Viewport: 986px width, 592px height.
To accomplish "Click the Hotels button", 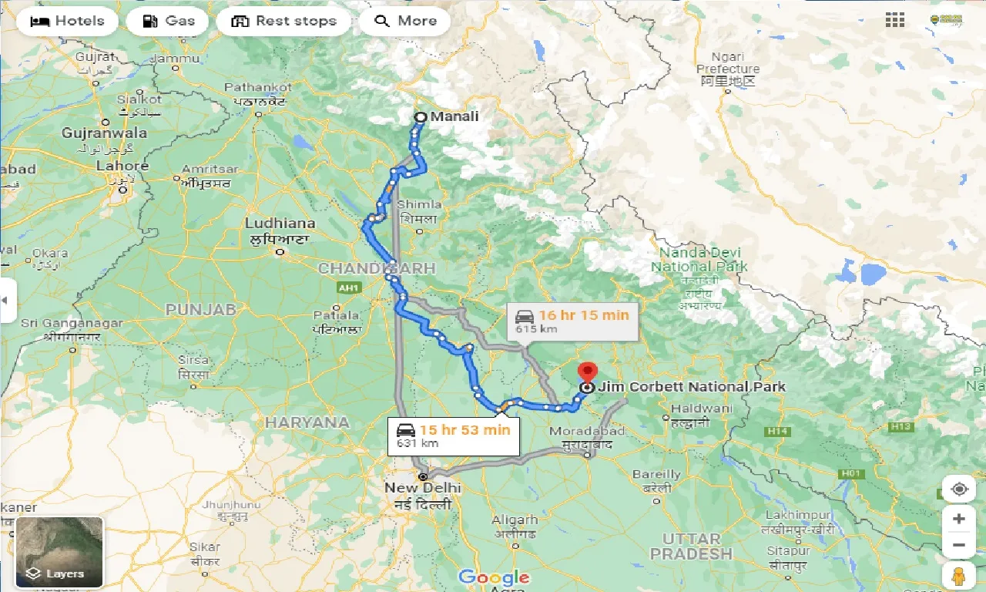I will coord(67,21).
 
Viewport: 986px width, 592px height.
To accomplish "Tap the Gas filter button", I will coord(167,21).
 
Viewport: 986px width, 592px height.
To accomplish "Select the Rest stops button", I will coord(283,21).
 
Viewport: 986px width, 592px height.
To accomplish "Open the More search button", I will coord(405,21).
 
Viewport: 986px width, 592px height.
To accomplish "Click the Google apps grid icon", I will coord(895,21).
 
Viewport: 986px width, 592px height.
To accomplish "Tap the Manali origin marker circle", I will coord(421,117).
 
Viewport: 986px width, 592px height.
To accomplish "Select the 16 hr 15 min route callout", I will coord(572,321).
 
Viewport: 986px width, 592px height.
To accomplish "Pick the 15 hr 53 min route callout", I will coord(453,436).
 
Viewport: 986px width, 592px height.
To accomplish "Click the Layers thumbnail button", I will coord(59,552).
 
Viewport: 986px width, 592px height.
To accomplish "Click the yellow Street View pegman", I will coord(958,576).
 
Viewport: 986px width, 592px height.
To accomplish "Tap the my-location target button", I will coord(958,489).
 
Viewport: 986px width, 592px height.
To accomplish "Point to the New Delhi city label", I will coord(423,488).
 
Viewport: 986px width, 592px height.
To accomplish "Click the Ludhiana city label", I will coord(280,224).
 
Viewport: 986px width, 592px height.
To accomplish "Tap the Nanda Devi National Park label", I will coord(699,261).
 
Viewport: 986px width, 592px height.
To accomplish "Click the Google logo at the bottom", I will coord(493,577).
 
